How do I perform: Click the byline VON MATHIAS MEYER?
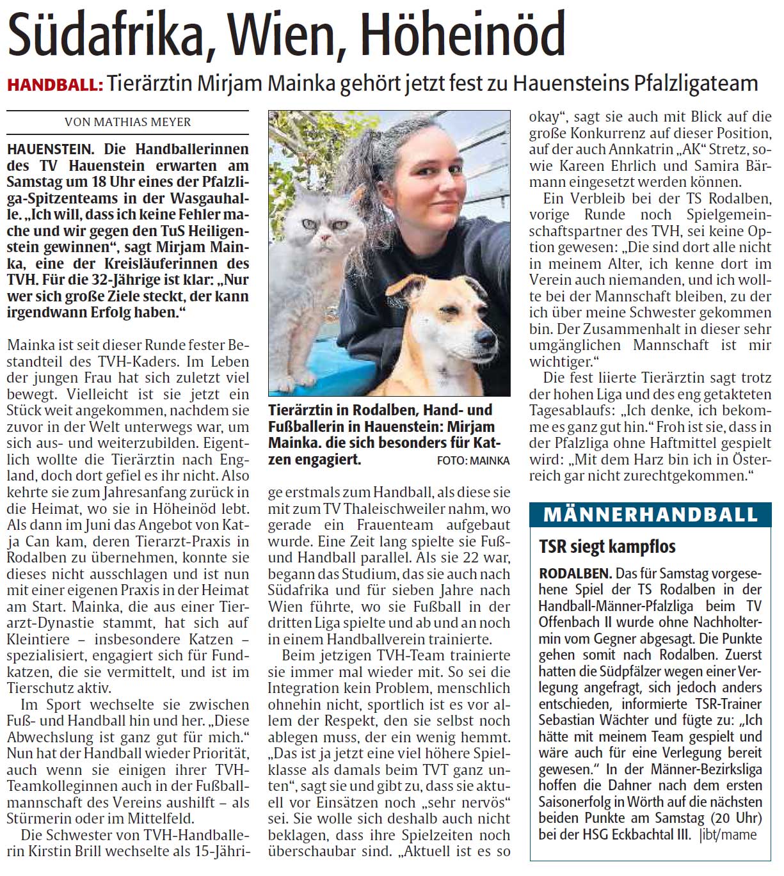click(x=127, y=122)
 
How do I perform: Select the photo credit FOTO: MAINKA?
click(x=473, y=460)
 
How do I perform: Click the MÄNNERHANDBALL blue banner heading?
click(x=650, y=514)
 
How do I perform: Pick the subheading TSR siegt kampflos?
click(x=607, y=546)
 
